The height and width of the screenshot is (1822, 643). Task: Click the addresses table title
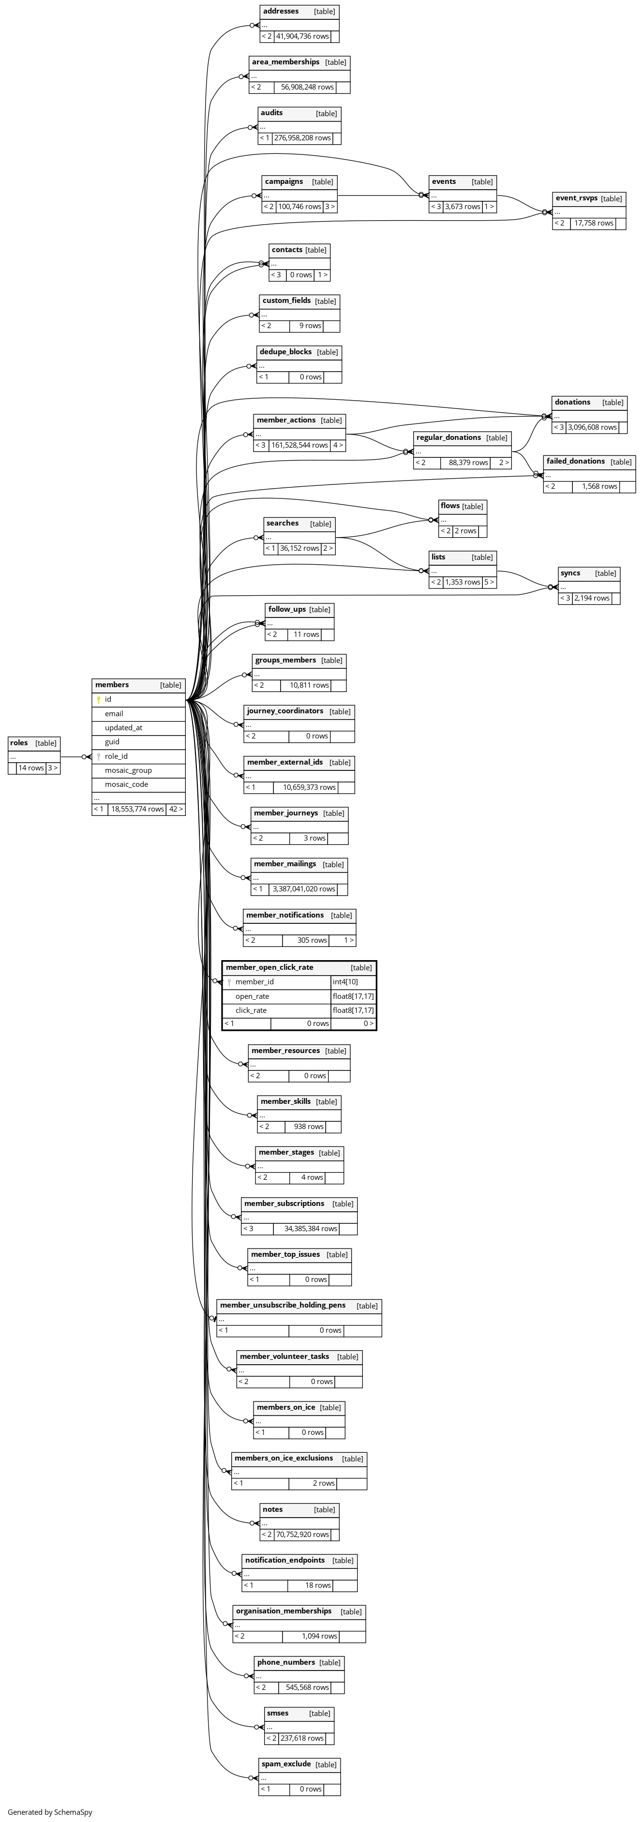click(x=281, y=11)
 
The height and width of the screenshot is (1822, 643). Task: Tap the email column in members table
click(x=114, y=714)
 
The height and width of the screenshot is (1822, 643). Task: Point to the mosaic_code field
click(x=127, y=784)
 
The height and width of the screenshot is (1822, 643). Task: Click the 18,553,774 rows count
click(x=137, y=809)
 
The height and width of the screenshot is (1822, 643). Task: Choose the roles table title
click(x=19, y=743)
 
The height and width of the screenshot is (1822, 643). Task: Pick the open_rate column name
click(x=253, y=996)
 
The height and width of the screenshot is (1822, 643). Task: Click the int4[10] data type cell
click(x=345, y=982)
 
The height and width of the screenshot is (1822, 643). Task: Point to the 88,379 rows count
click(x=468, y=463)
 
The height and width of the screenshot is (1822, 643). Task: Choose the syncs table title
click(x=570, y=573)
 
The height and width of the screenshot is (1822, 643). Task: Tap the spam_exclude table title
click(x=286, y=1764)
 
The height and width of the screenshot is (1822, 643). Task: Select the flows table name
click(x=450, y=506)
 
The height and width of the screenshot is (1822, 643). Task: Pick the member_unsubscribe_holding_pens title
click(x=283, y=1305)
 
